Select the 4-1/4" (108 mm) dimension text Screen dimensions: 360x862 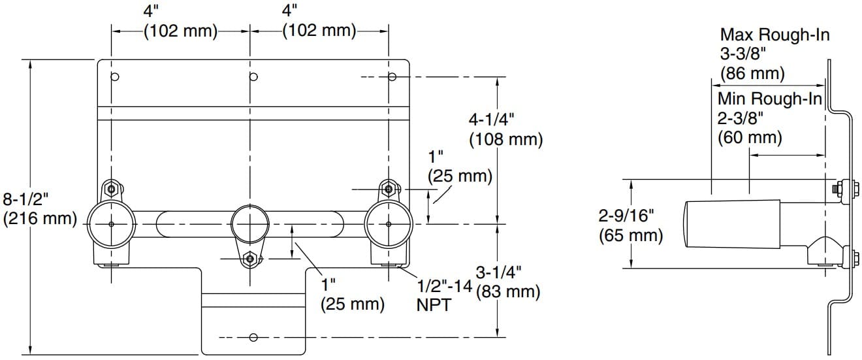505,129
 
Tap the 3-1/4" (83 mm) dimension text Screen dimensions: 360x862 508,282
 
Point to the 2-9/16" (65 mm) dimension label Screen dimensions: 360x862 631,225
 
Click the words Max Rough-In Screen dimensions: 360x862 774,35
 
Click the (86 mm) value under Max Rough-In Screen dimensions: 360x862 752,73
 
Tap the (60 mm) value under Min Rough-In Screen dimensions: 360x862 750,138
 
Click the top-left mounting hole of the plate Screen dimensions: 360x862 115,77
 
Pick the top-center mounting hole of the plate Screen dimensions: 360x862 254,77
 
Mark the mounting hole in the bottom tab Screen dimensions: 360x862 253,338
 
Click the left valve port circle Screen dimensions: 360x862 111,224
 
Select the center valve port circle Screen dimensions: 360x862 250,224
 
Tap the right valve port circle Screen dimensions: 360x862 389,224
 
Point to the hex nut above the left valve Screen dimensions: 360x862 112,189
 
